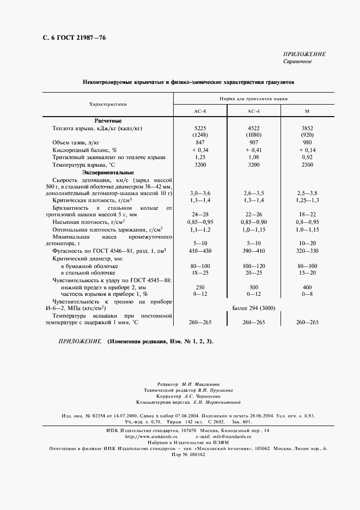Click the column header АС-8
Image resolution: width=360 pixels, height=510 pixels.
click(x=200, y=111)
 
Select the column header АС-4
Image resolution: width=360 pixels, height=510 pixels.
click(x=253, y=111)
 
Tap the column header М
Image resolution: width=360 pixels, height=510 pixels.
click(x=307, y=111)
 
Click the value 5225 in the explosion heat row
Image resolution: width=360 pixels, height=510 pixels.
click(x=200, y=128)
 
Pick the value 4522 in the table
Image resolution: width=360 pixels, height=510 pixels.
click(x=253, y=128)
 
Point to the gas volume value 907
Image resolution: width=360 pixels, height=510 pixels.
click(x=253, y=142)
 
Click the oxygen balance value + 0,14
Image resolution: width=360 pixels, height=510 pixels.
click(x=307, y=149)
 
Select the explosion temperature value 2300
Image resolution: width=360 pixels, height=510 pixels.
click(x=307, y=164)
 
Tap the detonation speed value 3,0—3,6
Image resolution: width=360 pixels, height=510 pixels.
click(x=200, y=193)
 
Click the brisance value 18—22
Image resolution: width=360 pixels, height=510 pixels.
click(x=307, y=215)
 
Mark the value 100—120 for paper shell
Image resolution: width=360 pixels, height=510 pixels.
click(x=253, y=265)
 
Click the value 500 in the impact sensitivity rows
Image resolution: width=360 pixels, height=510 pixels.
click(x=253, y=287)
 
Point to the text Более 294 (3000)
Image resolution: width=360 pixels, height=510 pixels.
click(x=253, y=308)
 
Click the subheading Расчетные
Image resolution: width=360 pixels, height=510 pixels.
click(x=108, y=120)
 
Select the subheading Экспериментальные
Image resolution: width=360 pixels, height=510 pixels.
click(x=108, y=172)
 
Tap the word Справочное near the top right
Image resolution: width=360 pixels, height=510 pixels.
click(x=297, y=62)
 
